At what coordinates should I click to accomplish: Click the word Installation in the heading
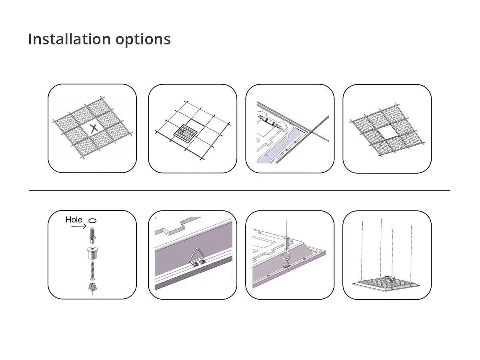(69, 39)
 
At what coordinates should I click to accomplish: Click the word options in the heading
(143, 40)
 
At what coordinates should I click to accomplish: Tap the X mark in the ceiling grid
(94, 128)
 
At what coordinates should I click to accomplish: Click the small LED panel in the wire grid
(186, 134)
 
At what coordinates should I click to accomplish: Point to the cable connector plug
(270, 121)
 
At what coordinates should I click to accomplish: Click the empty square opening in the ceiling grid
(388, 133)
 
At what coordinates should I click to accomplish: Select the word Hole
(74, 220)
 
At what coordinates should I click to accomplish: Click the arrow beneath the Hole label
(79, 226)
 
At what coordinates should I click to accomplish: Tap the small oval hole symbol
(92, 220)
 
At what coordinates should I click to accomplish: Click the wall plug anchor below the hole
(93, 235)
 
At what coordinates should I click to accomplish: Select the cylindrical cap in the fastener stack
(92, 253)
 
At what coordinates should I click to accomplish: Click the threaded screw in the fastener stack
(92, 270)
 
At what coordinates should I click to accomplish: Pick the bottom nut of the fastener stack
(92, 287)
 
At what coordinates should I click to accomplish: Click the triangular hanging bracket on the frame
(197, 258)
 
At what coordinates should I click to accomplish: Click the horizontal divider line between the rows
(240, 191)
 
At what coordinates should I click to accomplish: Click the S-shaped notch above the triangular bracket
(175, 226)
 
